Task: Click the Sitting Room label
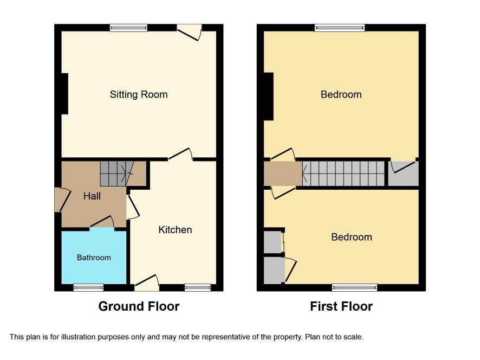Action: coord(139,94)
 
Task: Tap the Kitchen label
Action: coord(175,230)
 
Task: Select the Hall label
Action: coord(92,196)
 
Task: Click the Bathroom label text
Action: coord(94,258)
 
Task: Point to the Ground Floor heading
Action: coord(139,306)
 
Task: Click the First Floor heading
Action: coord(341,306)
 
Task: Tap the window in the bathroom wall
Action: coord(88,287)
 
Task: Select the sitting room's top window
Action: coord(128,28)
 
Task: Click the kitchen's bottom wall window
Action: coord(198,287)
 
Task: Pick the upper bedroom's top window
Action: coord(340,28)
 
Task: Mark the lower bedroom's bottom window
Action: coord(355,287)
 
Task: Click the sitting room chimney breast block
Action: coord(64,94)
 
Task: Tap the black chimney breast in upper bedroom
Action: coord(269,96)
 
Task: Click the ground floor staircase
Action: coord(117,173)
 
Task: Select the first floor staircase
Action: coord(343,173)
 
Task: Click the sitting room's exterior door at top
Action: coord(190,32)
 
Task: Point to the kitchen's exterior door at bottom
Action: coord(147,283)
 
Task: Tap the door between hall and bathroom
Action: coord(102,222)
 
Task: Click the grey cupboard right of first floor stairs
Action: coord(404,173)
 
